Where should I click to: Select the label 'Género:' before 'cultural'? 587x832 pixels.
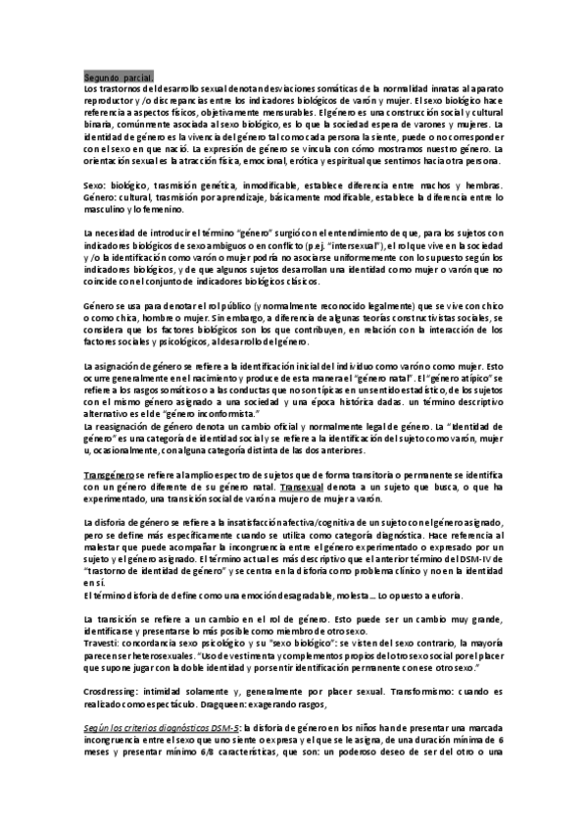(101, 197)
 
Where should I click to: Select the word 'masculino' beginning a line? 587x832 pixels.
(108, 209)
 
